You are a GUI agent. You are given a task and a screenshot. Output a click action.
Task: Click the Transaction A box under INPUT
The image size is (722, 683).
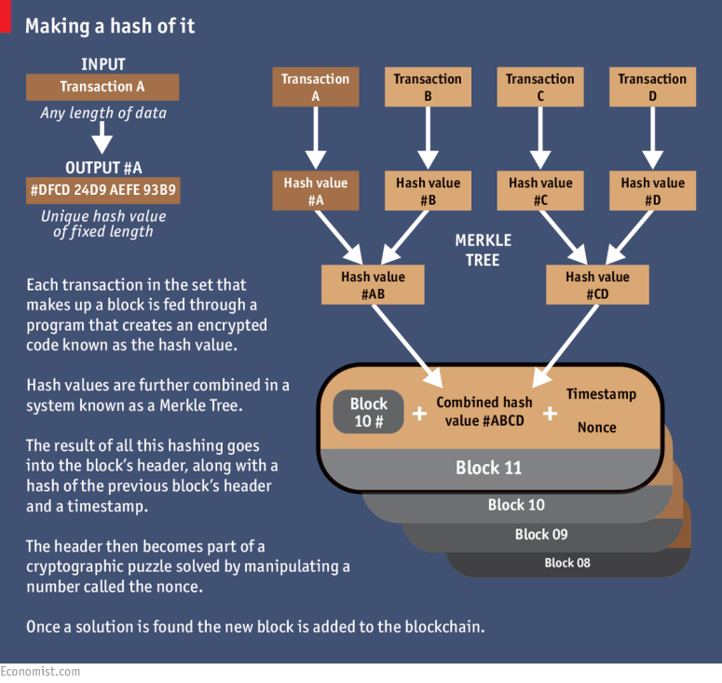point(102,87)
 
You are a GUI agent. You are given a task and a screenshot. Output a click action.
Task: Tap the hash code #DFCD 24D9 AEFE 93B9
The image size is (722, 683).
point(102,192)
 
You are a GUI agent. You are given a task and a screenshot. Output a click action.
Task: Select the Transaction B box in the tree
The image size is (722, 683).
point(428,87)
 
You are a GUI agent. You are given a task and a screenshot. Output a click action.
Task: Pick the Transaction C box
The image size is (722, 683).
point(539,87)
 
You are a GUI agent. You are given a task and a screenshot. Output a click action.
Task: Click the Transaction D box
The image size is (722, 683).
point(652,87)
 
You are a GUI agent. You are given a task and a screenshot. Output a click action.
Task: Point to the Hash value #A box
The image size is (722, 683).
point(316,191)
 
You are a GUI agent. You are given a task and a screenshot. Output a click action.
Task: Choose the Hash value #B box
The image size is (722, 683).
point(428,191)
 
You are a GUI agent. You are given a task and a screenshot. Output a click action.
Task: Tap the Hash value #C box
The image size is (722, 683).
point(539,191)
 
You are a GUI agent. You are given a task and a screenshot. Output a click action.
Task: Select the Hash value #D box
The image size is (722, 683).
point(652,191)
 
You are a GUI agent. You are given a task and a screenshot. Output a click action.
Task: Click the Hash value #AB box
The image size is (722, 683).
point(373,285)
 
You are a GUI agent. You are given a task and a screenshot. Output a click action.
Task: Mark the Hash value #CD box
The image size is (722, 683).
point(597,285)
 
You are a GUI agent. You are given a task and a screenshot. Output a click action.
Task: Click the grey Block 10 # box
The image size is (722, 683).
point(369,412)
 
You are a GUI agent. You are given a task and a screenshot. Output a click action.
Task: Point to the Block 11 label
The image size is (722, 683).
point(488,468)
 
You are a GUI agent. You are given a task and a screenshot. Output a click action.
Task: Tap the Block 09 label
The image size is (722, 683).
point(540,535)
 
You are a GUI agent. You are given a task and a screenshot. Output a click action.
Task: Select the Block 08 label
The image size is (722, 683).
point(567,563)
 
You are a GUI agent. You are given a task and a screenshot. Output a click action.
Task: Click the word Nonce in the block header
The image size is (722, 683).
point(596,428)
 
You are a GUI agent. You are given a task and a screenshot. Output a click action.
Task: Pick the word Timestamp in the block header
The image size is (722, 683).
point(601,394)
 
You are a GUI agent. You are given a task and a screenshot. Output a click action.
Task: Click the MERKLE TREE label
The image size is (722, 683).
point(483,251)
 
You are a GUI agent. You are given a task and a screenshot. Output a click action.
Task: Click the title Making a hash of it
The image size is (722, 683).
point(110,26)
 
